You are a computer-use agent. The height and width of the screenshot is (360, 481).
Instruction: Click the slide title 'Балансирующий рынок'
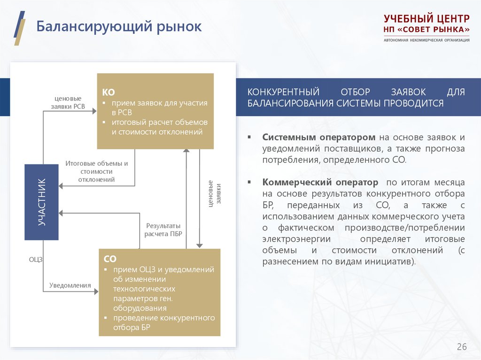[x=119, y=27]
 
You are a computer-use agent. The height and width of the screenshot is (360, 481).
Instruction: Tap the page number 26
[x=462, y=347]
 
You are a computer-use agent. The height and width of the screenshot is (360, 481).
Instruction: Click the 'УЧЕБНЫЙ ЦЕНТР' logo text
[x=426, y=19]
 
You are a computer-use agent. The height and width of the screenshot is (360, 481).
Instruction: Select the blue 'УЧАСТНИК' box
[x=42, y=202]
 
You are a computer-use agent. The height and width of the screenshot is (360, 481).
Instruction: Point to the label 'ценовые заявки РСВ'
[x=68, y=102]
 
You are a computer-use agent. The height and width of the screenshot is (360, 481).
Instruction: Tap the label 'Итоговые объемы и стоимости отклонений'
[x=96, y=171]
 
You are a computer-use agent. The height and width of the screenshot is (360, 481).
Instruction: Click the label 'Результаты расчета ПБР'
[x=163, y=230]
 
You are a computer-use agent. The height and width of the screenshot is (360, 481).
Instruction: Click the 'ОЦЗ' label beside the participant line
[x=35, y=259]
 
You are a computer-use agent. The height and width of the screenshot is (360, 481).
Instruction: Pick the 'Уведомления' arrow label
[x=70, y=285]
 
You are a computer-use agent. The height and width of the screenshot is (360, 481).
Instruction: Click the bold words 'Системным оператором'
[x=319, y=137]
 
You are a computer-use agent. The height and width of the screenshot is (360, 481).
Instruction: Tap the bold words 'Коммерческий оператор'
[x=320, y=182]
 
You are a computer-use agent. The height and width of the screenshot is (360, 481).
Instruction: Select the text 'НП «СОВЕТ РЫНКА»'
[x=426, y=30]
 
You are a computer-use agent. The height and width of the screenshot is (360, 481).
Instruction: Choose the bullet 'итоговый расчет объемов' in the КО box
[x=159, y=127]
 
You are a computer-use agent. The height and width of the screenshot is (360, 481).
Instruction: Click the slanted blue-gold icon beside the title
[x=19, y=27]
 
